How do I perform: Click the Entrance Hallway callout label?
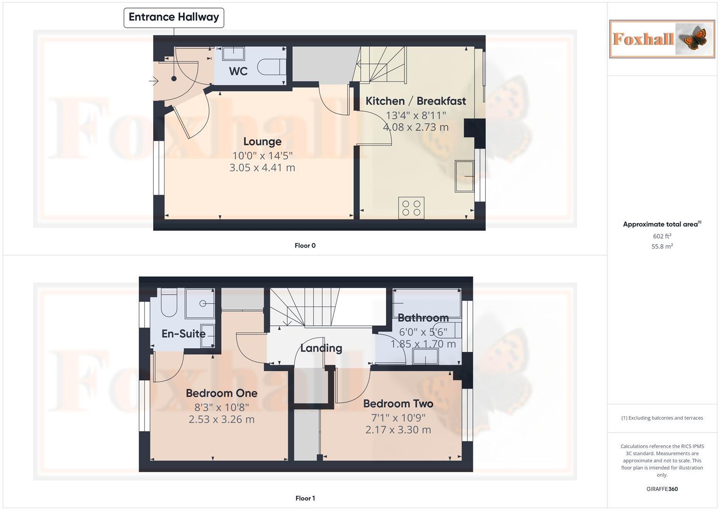pyautogui.click(x=174, y=17)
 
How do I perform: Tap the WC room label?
pyautogui.click(x=238, y=71)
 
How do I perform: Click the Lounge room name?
pyautogui.click(x=262, y=142)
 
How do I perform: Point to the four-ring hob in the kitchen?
pyautogui.click(x=411, y=208)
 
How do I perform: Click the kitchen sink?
pyautogui.click(x=464, y=176)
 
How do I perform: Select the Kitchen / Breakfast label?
pyautogui.click(x=415, y=101)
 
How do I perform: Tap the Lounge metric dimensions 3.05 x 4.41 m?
pyautogui.click(x=262, y=168)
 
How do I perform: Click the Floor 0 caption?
pyautogui.click(x=305, y=246)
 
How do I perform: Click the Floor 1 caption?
pyautogui.click(x=305, y=498)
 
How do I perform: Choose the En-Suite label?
pyautogui.click(x=183, y=334)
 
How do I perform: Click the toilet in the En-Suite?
pyautogui.click(x=168, y=304)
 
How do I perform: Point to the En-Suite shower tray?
pyautogui.click(x=200, y=303)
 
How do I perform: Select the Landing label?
pyautogui.click(x=321, y=348)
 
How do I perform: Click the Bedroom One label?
pyautogui.click(x=221, y=393)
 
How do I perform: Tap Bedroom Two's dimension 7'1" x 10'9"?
pyautogui.click(x=398, y=417)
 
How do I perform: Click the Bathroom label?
pyautogui.click(x=423, y=318)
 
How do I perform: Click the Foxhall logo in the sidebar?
pyautogui.click(x=662, y=39)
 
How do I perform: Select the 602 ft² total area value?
pyautogui.click(x=662, y=236)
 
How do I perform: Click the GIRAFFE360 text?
pyautogui.click(x=662, y=489)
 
